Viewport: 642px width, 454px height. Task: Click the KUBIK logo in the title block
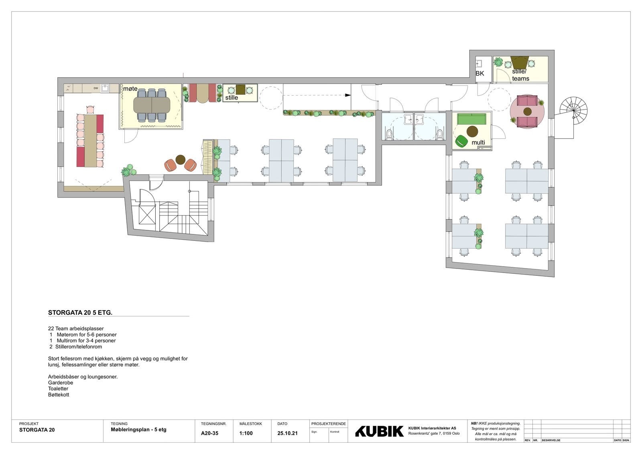[379, 431]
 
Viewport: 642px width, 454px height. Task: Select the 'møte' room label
[130, 88]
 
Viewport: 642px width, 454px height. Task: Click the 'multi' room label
[478, 143]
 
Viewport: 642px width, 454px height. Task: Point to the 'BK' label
[480, 73]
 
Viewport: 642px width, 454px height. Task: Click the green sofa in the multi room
[472, 119]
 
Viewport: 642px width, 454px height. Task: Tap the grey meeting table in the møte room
[152, 105]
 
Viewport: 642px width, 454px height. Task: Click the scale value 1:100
[246, 433]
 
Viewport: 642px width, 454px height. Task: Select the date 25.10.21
[287, 433]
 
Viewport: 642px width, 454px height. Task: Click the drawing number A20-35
[209, 433]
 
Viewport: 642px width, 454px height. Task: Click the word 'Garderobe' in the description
[61, 383]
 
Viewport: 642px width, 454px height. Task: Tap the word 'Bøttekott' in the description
[59, 395]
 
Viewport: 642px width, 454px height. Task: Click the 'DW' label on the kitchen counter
[96, 88]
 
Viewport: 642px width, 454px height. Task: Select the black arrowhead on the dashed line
[348, 95]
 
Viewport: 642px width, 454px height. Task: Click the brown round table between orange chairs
[180, 159]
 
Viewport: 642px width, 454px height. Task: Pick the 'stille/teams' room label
[520, 75]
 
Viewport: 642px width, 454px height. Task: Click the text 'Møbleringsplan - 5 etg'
[138, 430]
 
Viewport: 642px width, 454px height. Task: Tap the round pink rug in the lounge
[527, 111]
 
